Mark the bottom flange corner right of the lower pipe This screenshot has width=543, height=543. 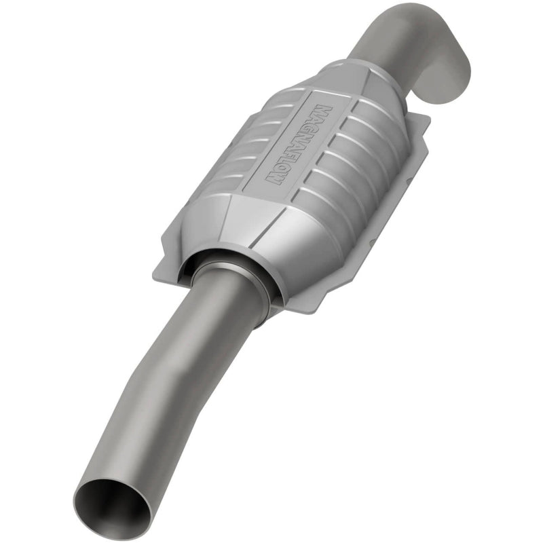coord(299,309)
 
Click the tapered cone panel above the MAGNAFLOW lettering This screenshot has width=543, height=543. coord(353,81)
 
